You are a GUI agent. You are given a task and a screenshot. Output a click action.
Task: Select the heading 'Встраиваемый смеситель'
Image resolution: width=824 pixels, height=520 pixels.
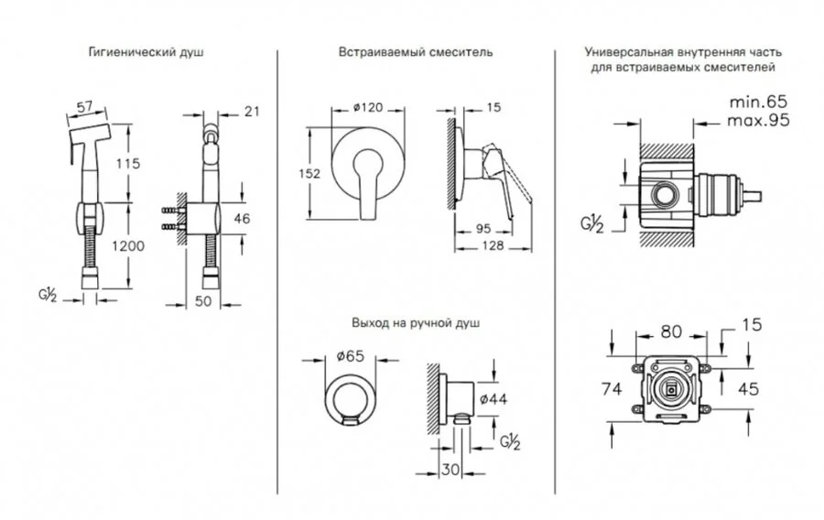pos(415,52)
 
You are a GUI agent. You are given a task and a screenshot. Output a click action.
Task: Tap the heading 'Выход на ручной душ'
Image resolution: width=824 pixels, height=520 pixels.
pos(416,323)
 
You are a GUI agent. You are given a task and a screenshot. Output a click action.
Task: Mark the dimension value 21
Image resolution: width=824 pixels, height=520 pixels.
pos(254,111)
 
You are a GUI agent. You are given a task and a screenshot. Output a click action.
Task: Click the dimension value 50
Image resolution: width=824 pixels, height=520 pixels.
pos(205,300)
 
